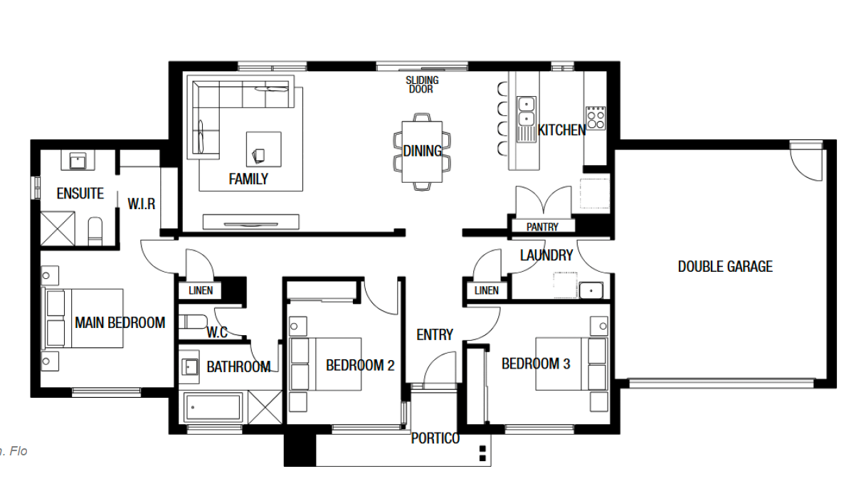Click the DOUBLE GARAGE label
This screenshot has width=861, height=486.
(x=725, y=266)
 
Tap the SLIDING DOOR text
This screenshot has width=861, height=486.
(x=422, y=85)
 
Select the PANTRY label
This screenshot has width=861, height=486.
(x=542, y=227)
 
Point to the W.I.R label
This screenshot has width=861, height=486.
(x=142, y=204)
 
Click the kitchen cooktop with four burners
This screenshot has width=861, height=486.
(x=596, y=118)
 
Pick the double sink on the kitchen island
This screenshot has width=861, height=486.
(x=527, y=111)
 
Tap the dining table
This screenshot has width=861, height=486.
(x=422, y=152)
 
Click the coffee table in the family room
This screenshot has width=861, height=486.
(x=264, y=149)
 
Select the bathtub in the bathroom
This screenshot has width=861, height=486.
(x=213, y=407)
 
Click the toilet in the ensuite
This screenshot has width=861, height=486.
(x=95, y=231)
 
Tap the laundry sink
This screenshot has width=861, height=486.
(x=591, y=290)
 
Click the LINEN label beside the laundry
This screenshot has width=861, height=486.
(x=486, y=290)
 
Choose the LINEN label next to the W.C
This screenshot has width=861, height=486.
(x=201, y=290)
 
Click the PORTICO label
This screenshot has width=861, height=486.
(x=435, y=438)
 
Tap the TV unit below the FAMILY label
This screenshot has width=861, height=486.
(x=251, y=222)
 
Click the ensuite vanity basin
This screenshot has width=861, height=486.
(x=78, y=160)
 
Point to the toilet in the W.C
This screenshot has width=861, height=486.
(x=193, y=322)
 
